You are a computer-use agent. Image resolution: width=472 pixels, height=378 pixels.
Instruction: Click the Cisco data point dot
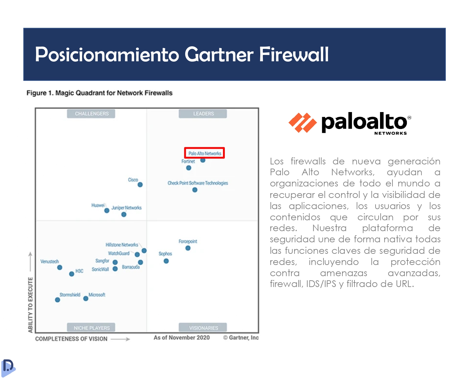[140, 185]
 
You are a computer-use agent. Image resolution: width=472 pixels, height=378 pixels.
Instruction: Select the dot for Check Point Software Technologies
[195, 190]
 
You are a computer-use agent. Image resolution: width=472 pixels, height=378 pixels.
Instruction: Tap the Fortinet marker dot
[189, 168]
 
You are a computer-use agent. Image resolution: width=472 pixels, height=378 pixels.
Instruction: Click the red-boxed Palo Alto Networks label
[205, 153]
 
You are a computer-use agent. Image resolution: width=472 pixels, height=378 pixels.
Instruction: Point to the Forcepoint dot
[188, 248]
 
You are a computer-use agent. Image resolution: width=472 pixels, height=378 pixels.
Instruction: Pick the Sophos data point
[166, 261]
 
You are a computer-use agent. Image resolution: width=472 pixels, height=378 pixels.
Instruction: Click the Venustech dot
[60, 268]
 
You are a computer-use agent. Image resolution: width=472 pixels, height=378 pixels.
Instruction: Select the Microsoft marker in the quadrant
[86, 299]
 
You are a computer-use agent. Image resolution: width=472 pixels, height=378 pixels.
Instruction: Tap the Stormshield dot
[57, 300]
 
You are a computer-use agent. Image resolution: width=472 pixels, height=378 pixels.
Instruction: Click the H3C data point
[72, 274]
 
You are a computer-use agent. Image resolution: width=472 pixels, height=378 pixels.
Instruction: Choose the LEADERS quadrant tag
[203, 114]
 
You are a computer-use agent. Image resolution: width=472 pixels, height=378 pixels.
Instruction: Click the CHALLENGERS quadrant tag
[91, 114]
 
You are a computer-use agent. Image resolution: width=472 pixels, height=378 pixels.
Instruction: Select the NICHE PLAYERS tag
[91, 328]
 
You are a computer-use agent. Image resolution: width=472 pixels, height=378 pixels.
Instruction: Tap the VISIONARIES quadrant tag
[203, 328]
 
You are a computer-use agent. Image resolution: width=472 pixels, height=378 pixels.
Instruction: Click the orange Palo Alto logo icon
[303, 123]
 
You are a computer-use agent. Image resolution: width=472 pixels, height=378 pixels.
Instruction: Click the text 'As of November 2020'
[182, 338]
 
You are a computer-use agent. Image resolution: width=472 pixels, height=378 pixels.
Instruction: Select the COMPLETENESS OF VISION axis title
[71, 339]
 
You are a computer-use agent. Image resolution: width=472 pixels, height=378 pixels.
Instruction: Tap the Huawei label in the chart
[98, 206]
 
